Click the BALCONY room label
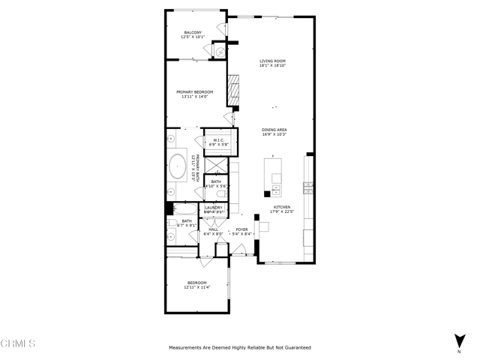193,32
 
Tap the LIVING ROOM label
273,61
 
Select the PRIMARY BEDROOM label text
195,91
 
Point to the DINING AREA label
274,129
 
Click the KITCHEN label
281,207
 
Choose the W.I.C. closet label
219,139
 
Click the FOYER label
241,229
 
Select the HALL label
213,229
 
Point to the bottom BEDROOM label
196,283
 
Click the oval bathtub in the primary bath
178,166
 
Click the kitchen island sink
276,188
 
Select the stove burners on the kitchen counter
307,184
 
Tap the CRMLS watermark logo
18,343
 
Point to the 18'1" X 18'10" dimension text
273,66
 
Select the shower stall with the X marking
214,164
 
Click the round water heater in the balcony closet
218,51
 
